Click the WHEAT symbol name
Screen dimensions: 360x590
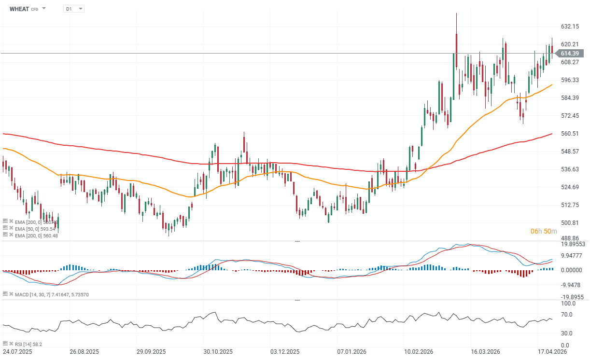19,9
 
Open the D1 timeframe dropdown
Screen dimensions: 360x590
73,9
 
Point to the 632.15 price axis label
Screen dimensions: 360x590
570,26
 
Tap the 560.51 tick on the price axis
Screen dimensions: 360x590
570,134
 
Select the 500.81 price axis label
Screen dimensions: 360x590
570,223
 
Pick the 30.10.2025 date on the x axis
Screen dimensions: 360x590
218,352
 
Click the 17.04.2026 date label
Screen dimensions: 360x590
553,352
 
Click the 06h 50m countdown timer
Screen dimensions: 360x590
544,232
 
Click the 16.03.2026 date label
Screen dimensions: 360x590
485,352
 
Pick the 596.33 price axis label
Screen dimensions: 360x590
570,80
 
